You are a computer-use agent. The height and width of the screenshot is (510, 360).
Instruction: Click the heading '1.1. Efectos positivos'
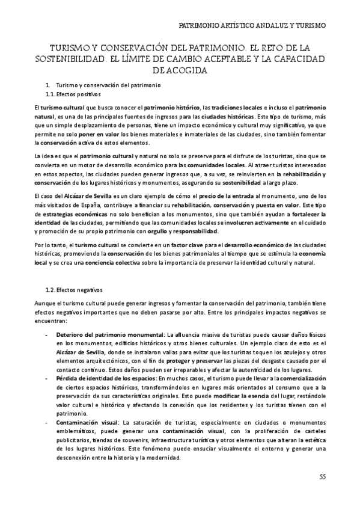click(74, 94)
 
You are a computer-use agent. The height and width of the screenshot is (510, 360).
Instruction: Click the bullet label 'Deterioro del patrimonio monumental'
click(110, 334)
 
